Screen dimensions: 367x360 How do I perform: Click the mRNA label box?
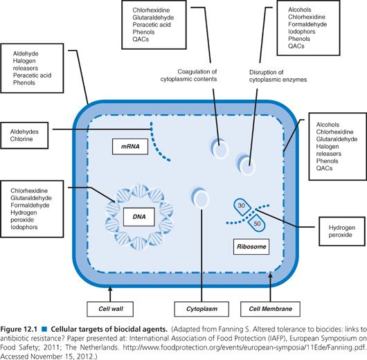130,147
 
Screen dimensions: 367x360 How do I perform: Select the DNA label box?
139,217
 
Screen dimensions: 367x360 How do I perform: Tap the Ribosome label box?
251,246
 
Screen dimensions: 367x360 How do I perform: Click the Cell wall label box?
110,309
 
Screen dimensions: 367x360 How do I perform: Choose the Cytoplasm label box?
202,309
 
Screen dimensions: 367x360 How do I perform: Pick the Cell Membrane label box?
270,309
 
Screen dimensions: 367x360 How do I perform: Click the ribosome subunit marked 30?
242,207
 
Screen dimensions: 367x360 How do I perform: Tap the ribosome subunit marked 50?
256,223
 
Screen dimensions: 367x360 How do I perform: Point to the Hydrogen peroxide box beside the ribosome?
342,231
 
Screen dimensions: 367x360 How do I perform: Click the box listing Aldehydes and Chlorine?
24,135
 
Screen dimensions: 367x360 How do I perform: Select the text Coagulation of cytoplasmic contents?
188,75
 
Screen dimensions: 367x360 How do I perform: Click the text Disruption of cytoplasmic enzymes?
278,76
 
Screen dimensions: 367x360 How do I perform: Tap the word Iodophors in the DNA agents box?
24,227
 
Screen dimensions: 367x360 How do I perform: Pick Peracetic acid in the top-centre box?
152,25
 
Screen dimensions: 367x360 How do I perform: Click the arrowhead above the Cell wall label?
110,289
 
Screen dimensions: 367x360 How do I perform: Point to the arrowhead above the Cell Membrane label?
270,275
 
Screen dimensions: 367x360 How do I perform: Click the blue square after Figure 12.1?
44,330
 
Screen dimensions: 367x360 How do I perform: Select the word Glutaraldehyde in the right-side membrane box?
337,139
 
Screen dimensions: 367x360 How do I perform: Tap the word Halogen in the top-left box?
24,61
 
